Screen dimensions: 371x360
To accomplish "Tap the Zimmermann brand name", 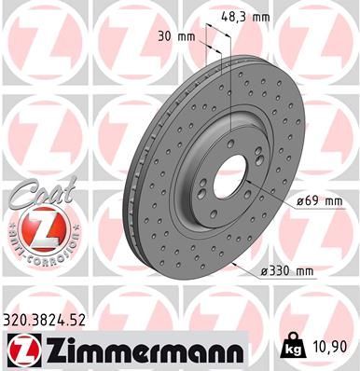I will pos(137,350).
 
